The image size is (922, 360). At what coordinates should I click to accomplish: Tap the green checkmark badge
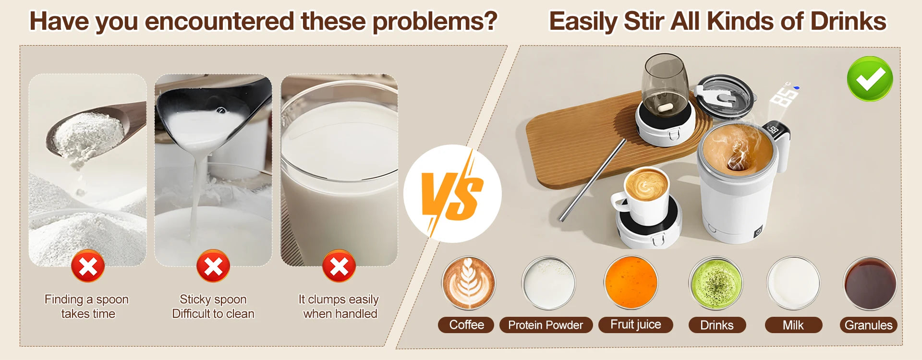pos(870,79)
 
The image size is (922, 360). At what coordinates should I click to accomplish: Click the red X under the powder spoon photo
pos(88,266)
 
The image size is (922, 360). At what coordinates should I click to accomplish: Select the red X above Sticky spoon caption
pos(213,266)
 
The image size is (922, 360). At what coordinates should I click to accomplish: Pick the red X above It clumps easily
pos(339,266)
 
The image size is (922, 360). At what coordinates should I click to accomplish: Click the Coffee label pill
pos(466,325)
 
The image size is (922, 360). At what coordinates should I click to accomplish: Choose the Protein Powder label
pos(546,325)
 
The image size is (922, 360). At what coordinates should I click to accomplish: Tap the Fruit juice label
pos(635,325)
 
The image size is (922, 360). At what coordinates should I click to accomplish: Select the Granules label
pos(868,325)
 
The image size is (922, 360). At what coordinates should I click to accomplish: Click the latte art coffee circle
pos(469,283)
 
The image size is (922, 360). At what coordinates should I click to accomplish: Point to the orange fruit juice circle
pos(631,283)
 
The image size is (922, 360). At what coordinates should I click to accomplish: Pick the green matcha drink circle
pos(716,283)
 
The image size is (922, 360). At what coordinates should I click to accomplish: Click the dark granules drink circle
pos(870,283)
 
